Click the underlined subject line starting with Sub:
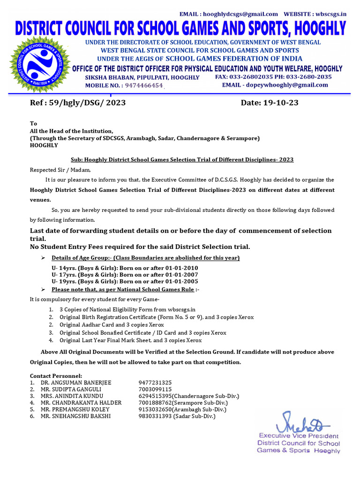(182, 159)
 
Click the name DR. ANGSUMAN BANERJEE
(76, 382)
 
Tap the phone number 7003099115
(155, 389)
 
